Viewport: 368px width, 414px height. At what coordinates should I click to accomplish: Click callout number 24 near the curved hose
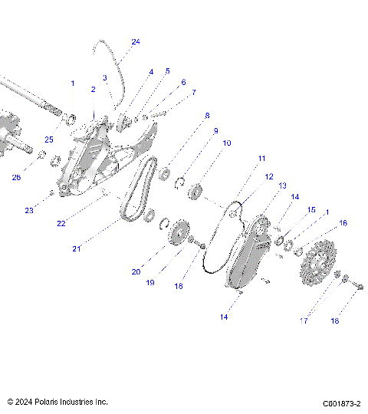coord(136,41)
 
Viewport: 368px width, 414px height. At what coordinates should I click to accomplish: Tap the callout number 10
coord(227,143)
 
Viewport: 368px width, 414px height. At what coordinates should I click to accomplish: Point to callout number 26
coord(17,178)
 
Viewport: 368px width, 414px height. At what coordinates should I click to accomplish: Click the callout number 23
coord(30,210)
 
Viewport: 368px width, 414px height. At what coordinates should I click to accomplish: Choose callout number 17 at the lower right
coord(304,321)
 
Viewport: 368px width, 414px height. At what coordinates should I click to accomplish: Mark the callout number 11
coord(261,158)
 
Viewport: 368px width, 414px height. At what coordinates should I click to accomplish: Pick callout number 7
coord(193,92)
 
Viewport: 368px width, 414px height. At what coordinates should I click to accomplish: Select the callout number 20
coord(135,271)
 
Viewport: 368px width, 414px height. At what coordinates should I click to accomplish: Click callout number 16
coord(343,223)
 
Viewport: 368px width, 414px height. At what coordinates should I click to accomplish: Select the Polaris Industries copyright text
coord(58,402)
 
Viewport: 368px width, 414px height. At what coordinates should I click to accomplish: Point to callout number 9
coord(215,130)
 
